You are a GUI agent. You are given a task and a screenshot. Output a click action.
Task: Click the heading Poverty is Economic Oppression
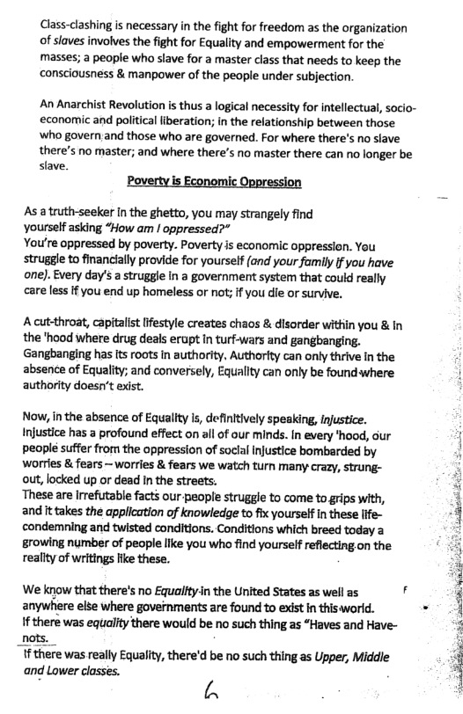point(215,182)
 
